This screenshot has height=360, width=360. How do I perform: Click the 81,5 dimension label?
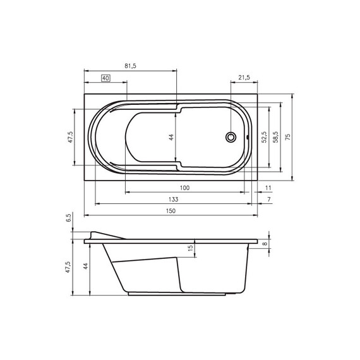click(x=130, y=66)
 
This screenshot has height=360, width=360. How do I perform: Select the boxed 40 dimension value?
click(x=105, y=78)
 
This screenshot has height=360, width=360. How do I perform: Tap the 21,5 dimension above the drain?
click(x=244, y=78)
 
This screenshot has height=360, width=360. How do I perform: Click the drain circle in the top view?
click(x=231, y=137)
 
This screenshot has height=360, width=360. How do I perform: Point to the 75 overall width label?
click(x=287, y=137)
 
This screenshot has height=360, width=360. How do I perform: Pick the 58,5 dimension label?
click(x=275, y=137)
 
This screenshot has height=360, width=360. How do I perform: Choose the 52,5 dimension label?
click(x=264, y=137)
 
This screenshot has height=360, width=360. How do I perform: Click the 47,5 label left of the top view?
click(x=70, y=137)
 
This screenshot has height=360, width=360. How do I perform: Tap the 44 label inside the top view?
click(x=171, y=137)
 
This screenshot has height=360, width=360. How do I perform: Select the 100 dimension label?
click(x=185, y=188)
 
